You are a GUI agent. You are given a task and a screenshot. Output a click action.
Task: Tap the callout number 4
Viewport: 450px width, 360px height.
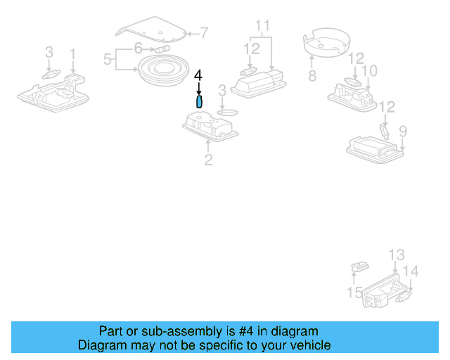pyautogui.click(x=198, y=75)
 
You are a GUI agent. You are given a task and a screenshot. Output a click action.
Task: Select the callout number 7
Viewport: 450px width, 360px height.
pyautogui.click(x=204, y=32)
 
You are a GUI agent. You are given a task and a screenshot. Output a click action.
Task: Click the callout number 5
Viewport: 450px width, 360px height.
pyautogui.click(x=108, y=60)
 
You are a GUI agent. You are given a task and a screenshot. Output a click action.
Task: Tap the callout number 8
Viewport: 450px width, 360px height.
pyautogui.click(x=311, y=74)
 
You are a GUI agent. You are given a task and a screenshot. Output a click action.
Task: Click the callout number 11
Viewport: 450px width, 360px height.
pyautogui.click(x=263, y=27)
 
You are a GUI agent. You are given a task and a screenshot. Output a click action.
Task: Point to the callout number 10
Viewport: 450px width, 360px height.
pyautogui.click(x=369, y=71)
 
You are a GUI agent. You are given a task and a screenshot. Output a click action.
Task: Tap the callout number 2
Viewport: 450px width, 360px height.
pyautogui.click(x=208, y=160)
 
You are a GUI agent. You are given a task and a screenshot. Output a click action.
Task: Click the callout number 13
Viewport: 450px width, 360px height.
pyautogui.click(x=397, y=255)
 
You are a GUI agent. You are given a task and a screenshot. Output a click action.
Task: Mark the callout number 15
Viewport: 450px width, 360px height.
pyautogui.click(x=354, y=292)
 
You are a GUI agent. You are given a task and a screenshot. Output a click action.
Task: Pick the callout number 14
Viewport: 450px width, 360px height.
pyautogui.click(x=411, y=271)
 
